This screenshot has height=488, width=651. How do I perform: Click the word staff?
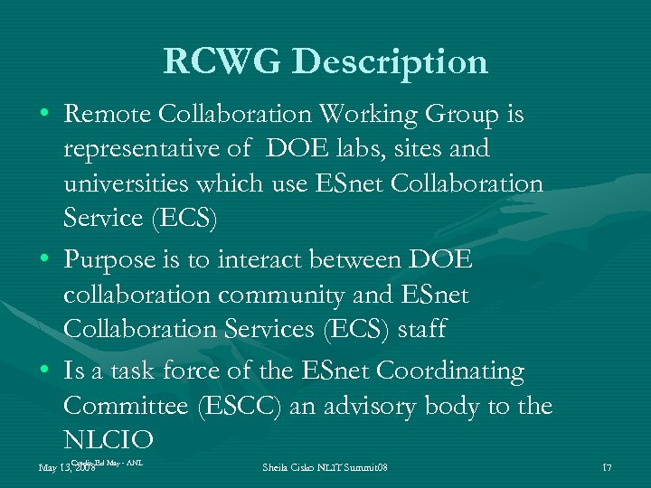420,329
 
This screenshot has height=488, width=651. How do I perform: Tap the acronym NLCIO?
109,440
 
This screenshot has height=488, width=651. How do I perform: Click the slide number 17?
607,467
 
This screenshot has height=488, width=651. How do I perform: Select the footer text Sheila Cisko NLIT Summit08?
325,467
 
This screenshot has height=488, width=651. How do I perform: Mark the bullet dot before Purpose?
45,261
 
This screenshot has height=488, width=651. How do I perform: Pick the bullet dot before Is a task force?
45,371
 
